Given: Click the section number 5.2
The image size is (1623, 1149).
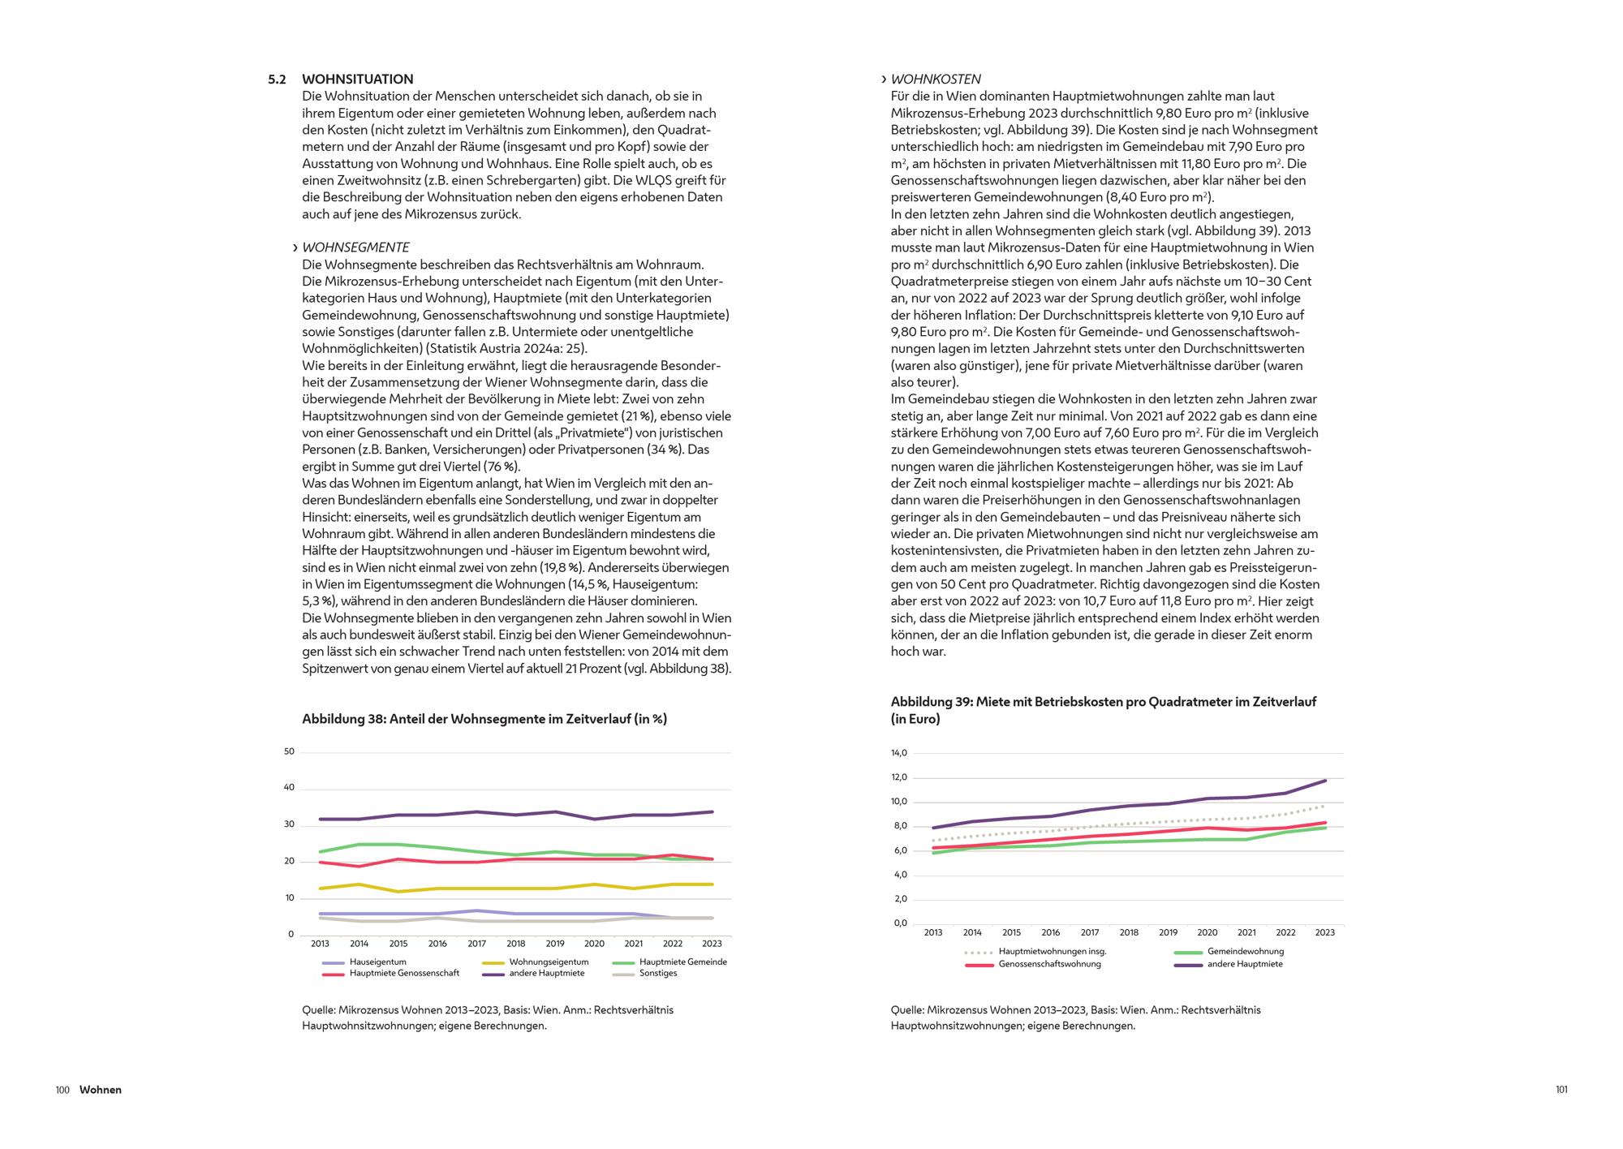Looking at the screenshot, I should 277,80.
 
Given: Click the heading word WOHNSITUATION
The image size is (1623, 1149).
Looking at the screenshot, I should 357,80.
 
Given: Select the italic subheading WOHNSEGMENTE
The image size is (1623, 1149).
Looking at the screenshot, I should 355,247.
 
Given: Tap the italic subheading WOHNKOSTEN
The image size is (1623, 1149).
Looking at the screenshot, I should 936,80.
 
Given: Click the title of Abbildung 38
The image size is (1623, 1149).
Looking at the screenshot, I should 484,719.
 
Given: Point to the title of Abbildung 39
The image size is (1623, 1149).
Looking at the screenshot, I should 1103,710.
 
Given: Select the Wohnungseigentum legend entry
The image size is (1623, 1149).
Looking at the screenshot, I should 549,962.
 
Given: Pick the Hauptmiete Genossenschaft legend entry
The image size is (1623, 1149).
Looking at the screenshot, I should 404,973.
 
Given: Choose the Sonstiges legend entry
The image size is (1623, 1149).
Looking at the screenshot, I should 657,973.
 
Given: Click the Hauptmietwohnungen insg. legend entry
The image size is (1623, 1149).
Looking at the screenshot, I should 1052,952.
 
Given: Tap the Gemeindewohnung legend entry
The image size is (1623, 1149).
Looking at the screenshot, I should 1245,952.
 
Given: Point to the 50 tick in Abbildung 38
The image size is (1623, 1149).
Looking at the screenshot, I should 290,752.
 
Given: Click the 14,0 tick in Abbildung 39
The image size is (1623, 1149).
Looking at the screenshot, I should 898,754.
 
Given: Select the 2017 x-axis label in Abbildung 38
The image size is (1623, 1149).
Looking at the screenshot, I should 476,944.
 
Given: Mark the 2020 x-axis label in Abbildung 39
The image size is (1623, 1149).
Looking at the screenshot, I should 1207,933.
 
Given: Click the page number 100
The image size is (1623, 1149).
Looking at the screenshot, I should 62,1090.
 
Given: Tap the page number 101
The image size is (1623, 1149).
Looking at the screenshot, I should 1561,1090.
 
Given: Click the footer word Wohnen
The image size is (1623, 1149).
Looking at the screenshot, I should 101,1090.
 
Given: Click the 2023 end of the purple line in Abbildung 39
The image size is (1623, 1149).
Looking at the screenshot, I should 1324,781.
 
